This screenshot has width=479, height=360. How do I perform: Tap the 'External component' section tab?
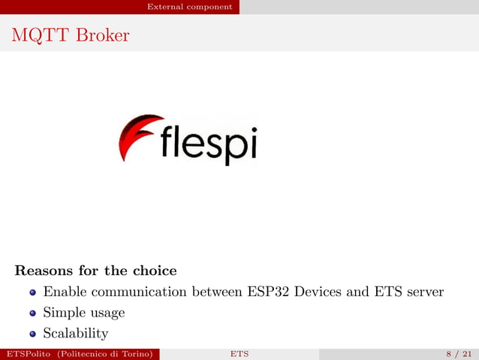[x=189, y=7]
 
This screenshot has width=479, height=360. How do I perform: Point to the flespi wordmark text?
[x=209, y=145]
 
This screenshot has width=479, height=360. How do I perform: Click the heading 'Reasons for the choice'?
[x=95, y=270]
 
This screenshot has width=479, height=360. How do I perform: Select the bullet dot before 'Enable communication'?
[x=32, y=292]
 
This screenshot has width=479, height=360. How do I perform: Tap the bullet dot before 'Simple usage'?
[x=32, y=313]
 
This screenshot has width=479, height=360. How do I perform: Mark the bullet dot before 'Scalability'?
[x=32, y=334]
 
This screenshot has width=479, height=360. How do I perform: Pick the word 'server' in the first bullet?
[x=422, y=291]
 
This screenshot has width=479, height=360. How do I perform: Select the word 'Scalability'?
[x=76, y=333]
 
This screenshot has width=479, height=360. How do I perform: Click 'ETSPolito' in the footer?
[x=26, y=354]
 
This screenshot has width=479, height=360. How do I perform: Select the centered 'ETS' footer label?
[x=239, y=354]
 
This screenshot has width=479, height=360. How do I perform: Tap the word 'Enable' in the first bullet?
[x=63, y=291]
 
